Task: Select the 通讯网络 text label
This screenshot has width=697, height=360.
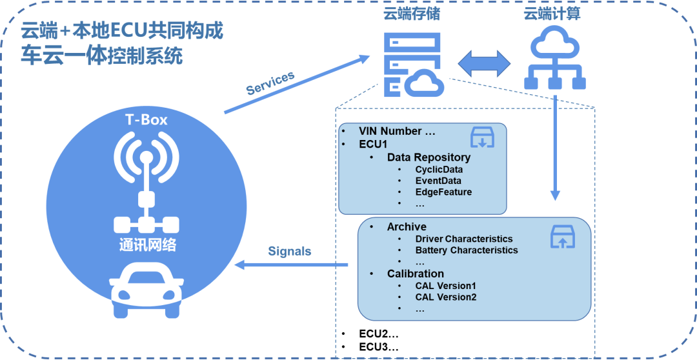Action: (x=148, y=245)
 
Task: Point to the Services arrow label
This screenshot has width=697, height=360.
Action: (x=270, y=83)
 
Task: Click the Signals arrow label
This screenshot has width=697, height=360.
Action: (x=289, y=251)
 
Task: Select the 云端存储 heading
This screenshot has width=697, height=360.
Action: (x=412, y=14)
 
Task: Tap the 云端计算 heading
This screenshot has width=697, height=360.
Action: (x=552, y=14)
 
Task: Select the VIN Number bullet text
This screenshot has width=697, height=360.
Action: (x=398, y=132)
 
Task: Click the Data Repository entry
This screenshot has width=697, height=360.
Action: (x=429, y=157)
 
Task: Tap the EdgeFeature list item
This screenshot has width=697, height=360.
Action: (x=443, y=192)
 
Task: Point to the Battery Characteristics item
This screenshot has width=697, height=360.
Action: (x=467, y=250)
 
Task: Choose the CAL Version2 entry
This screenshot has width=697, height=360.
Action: (x=445, y=297)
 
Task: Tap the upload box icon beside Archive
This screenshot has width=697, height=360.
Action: (x=562, y=236)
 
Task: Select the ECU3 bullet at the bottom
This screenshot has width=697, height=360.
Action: (x=378, y=347)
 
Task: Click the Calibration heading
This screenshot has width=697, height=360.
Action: (x=416, y=274)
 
